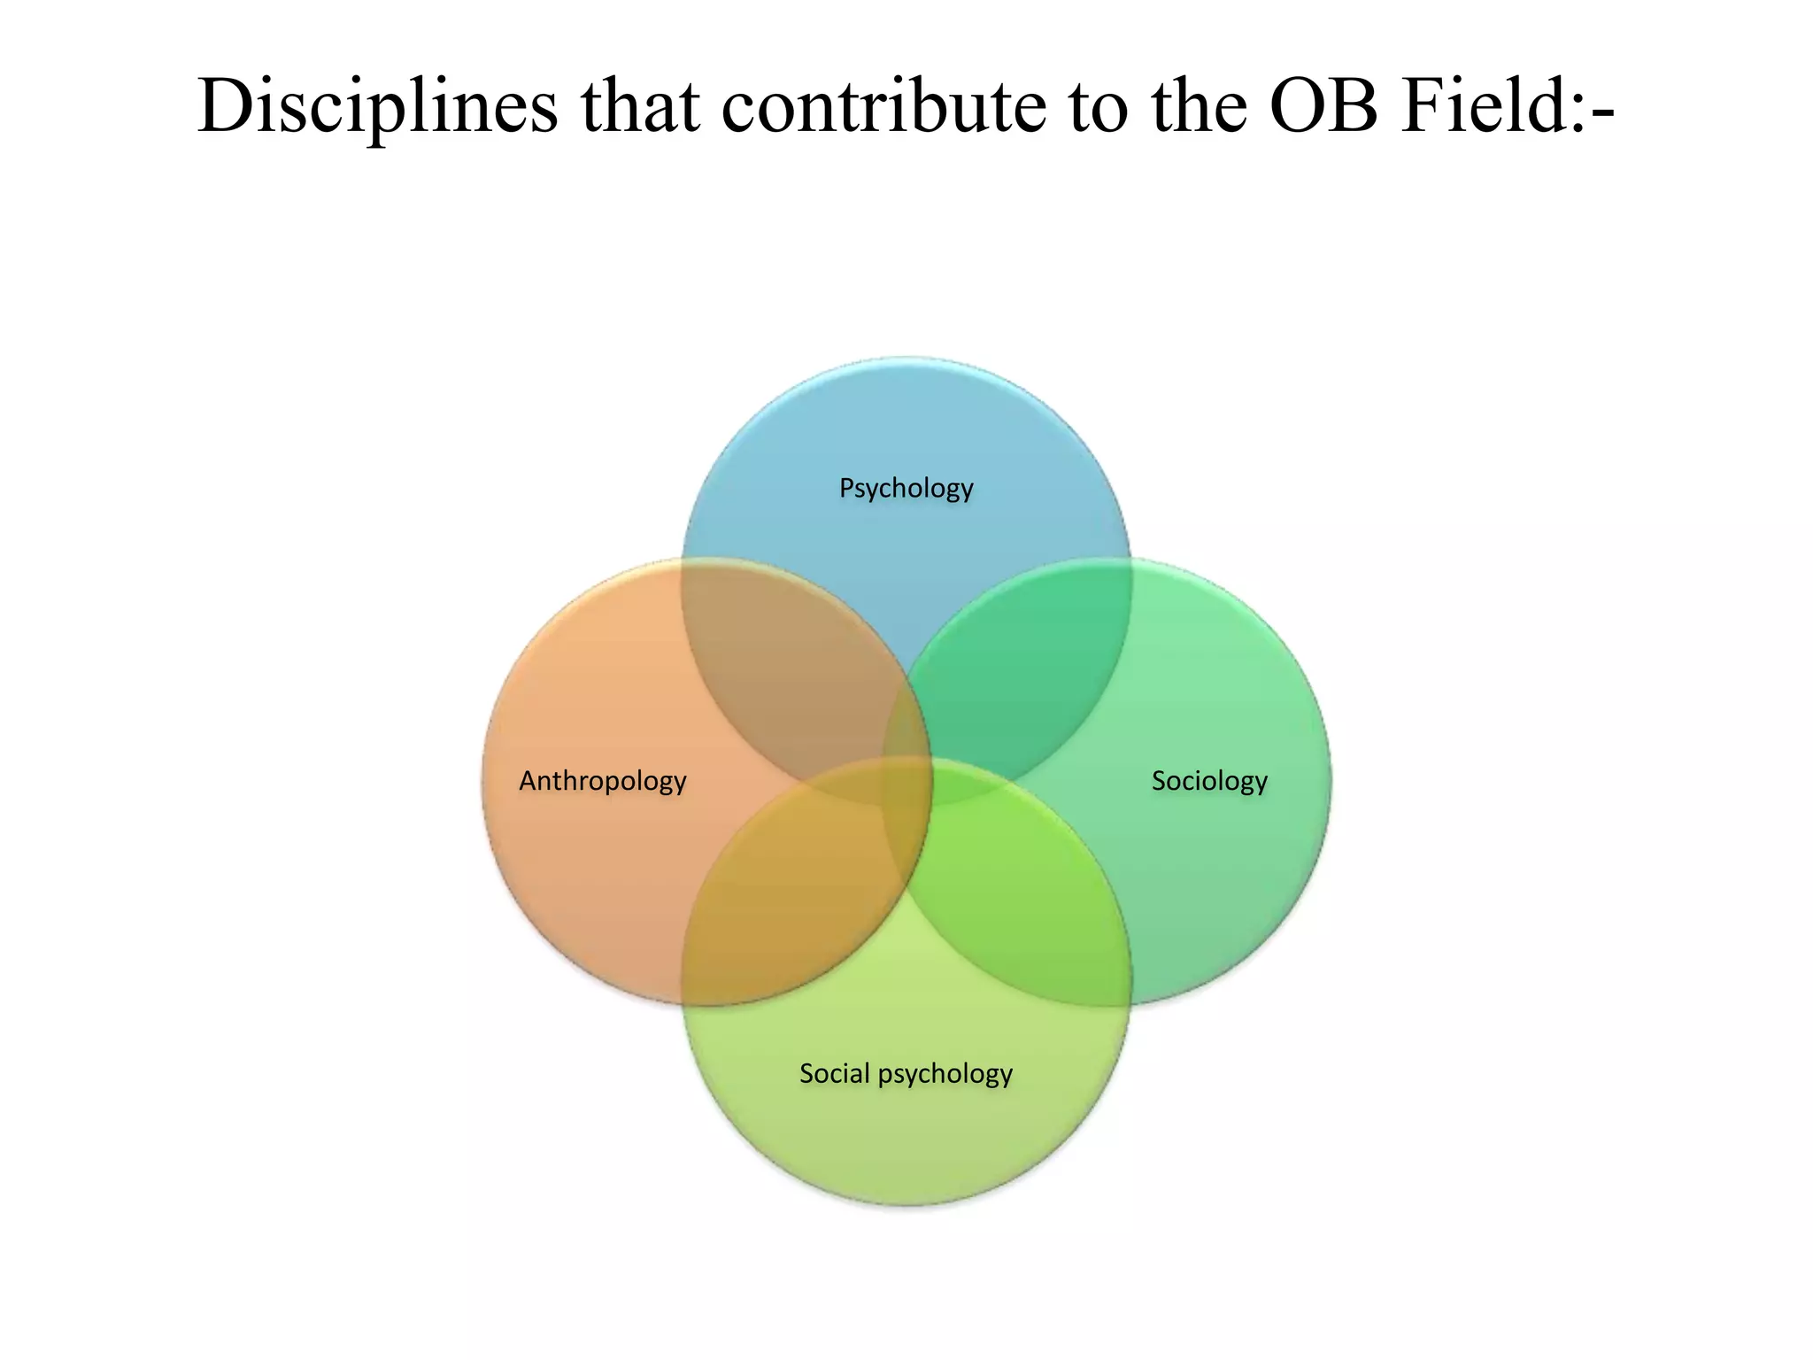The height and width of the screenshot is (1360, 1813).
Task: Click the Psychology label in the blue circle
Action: (x=906, y=488)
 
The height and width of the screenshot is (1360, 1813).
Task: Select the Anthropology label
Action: (x=602, y=781)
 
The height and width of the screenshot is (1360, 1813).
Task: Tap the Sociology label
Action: (x=1209, y=781)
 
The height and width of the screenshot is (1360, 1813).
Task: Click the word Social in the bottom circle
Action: (x=834, y=1073)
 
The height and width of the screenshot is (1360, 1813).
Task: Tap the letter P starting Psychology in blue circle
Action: (x=846, y=487)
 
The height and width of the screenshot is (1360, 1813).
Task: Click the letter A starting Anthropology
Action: (x=527, y=780)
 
